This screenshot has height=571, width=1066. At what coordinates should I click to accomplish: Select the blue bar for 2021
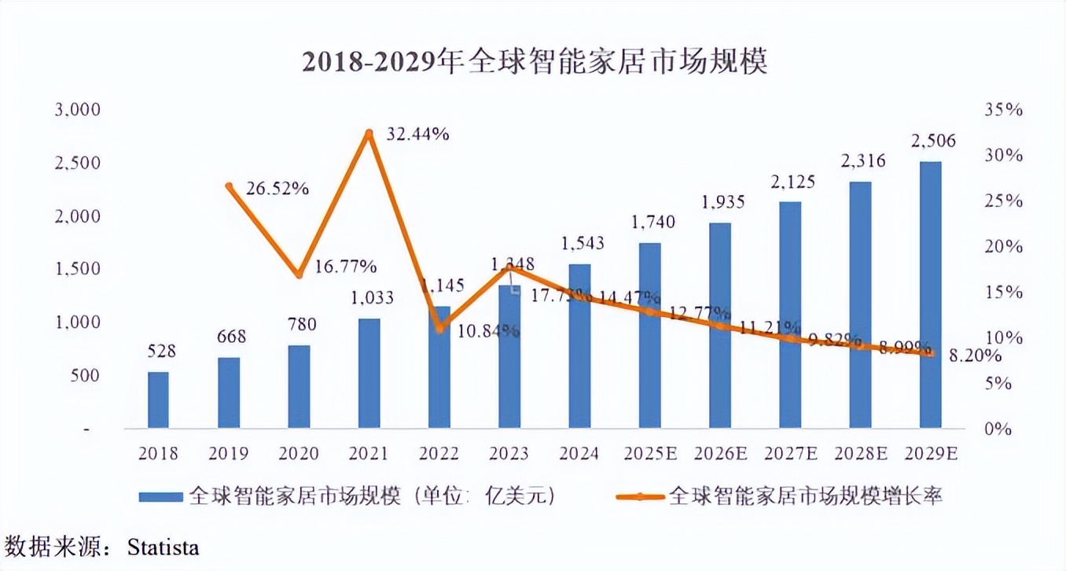(x=369, y=374)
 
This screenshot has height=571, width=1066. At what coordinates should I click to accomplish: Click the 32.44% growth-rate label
(x=417, y=134)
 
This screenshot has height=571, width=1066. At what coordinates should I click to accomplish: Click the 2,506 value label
(x=932, y=142)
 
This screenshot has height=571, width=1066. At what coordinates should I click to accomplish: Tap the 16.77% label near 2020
(x=345, y=264)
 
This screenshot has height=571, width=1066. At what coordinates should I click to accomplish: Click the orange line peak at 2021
(x=369, y=134)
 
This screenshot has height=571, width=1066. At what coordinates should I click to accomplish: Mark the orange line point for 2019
(x=229, y=186)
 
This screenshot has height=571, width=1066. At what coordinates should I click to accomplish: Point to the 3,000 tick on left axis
(x=77, y=109)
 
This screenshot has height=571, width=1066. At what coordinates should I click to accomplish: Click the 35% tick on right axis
(x=1003, y=109)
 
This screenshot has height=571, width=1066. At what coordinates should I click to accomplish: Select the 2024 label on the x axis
(x=580, y=454)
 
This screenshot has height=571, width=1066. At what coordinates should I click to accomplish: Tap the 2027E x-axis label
(x=790, y=454)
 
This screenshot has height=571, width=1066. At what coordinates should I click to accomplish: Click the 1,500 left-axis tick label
(x=77, y=269)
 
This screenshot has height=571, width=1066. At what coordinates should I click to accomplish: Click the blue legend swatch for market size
(x=161, y=496)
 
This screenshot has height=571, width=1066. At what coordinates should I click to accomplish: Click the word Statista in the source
(x=163, y=547)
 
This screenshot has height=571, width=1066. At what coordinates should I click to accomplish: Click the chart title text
(x=534, y=62)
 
